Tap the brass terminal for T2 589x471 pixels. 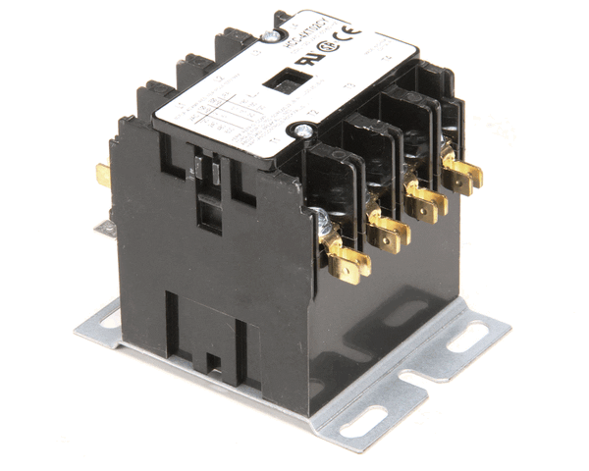point(391,233)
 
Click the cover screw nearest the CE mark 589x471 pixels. point(269,36)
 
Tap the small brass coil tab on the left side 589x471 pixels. point(103,176)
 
